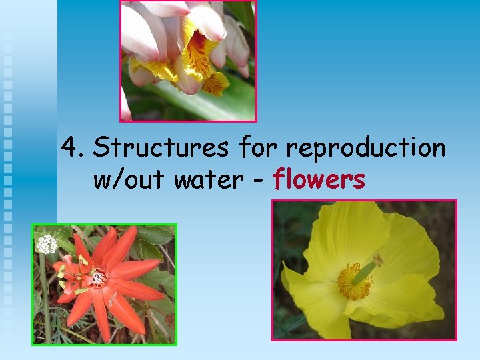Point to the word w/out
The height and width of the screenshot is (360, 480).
point(129,179)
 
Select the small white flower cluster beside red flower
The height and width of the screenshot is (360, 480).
point(47,244)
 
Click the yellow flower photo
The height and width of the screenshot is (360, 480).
point(364,270)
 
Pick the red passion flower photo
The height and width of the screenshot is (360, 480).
point(105,284)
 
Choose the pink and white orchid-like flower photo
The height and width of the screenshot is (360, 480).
point(188,60)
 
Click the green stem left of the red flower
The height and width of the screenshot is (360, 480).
point(44,293)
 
